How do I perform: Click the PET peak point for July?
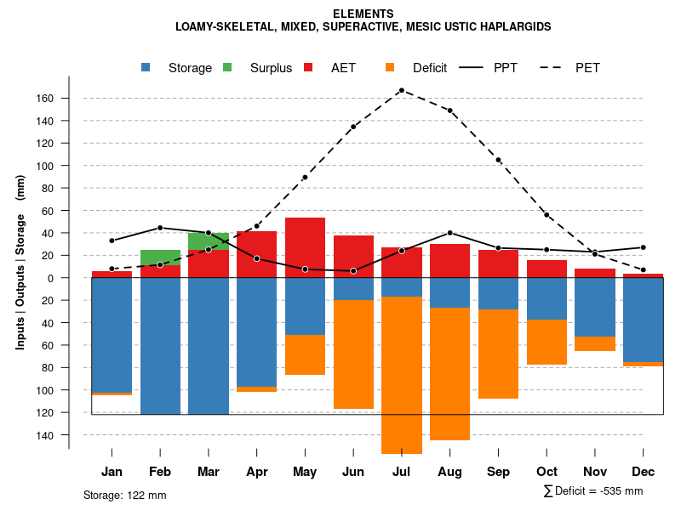[402, 90]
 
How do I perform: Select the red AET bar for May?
[305, 247]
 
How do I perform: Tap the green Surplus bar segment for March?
[209, 241]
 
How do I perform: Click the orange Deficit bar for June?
[353, 354]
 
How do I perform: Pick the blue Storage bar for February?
[160, 346]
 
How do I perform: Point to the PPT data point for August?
[449, 233]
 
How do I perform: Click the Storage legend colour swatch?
[146, 67]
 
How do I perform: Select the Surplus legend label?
[271, 68]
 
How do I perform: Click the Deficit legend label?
[430, 68]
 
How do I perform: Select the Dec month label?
[643, 472]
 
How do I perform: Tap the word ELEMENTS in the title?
[363, 14]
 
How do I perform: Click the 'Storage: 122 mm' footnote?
[125, 495]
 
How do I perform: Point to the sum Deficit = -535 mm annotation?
[592, 491]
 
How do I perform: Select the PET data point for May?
[305, 178]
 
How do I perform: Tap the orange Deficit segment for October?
[547, 342]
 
